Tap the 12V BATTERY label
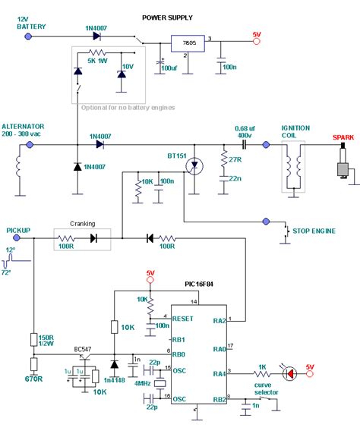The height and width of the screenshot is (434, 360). (x=30, y=22)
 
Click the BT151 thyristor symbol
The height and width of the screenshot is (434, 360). (x=196, y=164)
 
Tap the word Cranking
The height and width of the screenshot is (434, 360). (x=83, y=224)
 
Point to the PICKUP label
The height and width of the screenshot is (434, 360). (x=19, y=228)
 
